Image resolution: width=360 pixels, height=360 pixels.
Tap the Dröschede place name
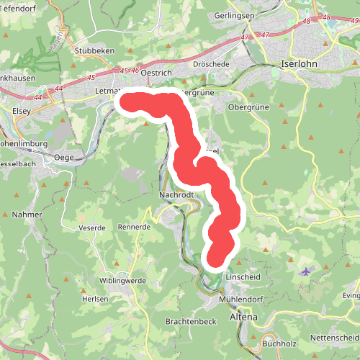pos(211,64)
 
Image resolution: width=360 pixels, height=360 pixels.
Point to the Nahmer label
pos(31,215)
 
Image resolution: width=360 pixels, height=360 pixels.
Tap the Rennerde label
pos(134,228)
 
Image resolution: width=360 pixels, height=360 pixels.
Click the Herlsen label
pos(94,299)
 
